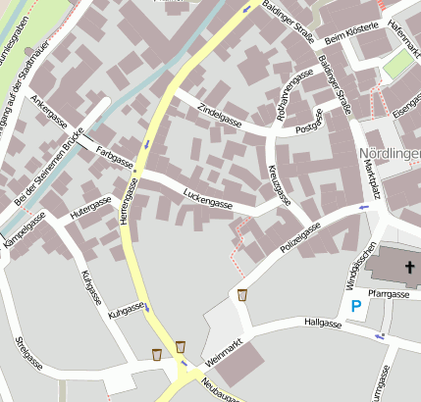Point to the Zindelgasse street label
[219, 115]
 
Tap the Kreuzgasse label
[281, 184]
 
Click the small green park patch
[397, 66]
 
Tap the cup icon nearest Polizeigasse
[242, 295]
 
